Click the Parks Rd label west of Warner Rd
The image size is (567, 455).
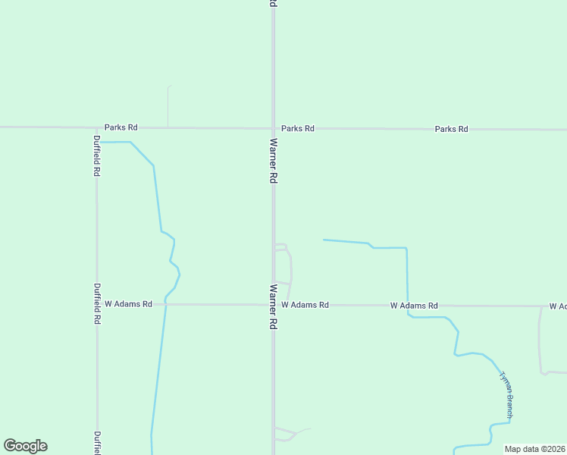click(x=121, y=127)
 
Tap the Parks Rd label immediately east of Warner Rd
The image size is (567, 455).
click(x=297, y=128)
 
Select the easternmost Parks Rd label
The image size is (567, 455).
click(x=451, y=129)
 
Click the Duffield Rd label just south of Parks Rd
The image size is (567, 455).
click(x=97, y=155)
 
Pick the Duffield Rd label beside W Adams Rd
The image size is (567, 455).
click(x=97, y=303)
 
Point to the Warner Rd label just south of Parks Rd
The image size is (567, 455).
click(x=273, y=161)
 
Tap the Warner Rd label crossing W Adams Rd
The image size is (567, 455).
click(x=273, y=307)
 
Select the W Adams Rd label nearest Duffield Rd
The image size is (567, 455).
click(x=128, y=304)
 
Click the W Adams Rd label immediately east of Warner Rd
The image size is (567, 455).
click(x=305, y=305)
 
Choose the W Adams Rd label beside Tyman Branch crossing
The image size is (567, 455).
click(x=414, y=306)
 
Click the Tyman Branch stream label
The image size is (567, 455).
click(x=506, y=395)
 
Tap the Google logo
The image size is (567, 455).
click(x=25, y=446)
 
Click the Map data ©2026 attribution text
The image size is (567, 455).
click(x=535, y=449)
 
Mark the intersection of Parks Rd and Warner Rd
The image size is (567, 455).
click(x=273, y=128)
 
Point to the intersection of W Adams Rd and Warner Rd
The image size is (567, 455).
click(x=273, y=305)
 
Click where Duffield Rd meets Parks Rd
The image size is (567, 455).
click(x=96, y=127)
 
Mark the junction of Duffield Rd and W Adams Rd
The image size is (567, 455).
click(x=97, y=305)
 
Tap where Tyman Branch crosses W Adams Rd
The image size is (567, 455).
click(x=408, y=306)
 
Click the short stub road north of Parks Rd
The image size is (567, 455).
click(x=168, y=106)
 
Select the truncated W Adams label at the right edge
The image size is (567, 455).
click(x=557, y=306)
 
